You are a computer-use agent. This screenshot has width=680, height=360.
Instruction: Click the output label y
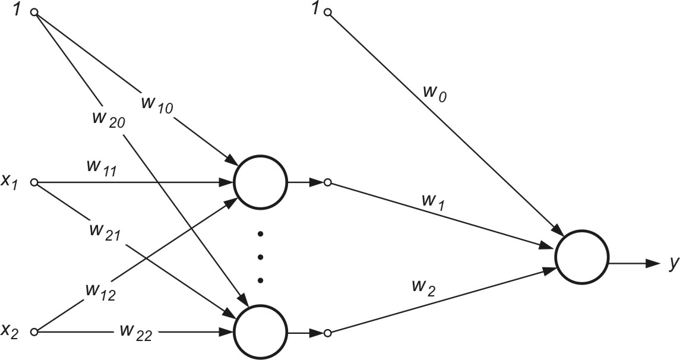(x=672, y=263)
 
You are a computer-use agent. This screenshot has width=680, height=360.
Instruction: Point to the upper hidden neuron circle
(x=261, y=183)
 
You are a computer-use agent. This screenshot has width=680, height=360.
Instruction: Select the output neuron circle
(x=581, y=257)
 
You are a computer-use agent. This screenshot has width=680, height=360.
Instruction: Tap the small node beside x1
(x=34, y=182)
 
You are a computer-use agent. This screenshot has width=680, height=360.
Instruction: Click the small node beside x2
(x=34, y=333)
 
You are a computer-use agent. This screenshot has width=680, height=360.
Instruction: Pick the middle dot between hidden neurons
(x=260, y=257)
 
